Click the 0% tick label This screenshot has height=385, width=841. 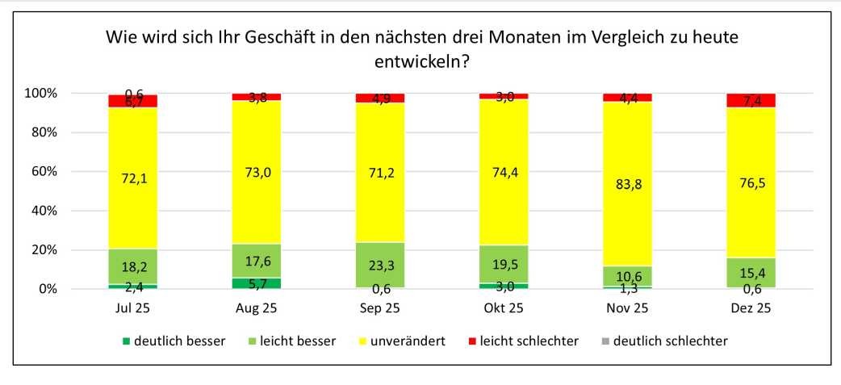tap(48, 289)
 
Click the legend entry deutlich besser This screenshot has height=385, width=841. tap(175, 341)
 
